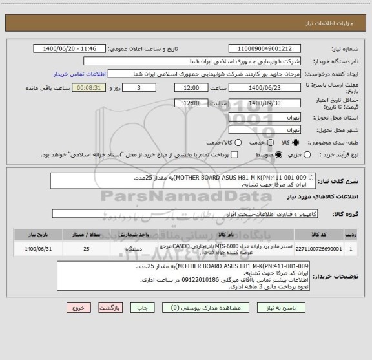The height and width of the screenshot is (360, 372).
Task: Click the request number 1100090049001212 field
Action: [265, 48]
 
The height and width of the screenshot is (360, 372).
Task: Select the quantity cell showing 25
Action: [87, 248]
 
